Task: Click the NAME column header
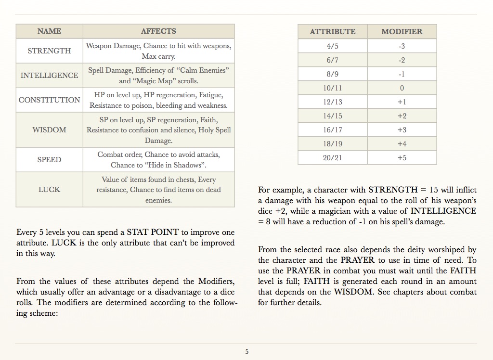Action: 49,31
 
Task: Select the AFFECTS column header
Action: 158,31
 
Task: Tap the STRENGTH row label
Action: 49,51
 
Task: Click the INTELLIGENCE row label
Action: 49,76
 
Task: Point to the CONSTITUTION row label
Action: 49,100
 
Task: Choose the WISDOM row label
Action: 49,130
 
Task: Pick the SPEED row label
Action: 49,160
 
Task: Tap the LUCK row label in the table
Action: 49,190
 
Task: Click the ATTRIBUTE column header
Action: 332,32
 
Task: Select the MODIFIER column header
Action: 402,32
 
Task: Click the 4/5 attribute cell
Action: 332,46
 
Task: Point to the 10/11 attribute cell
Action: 332,88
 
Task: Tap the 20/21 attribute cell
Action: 332,158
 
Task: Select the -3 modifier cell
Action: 402,46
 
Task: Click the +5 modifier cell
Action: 402,158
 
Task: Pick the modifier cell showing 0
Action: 402,88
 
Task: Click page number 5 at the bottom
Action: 247,352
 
